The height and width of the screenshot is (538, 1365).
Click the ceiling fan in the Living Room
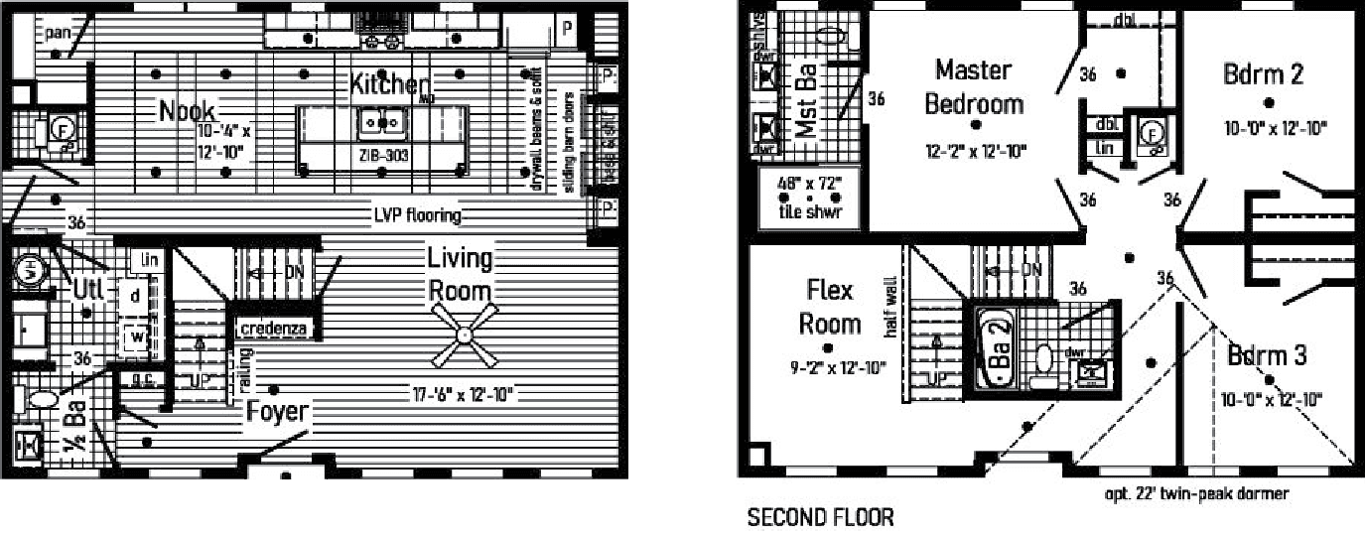(463, 336)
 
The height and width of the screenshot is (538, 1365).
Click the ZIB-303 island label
(383, 156)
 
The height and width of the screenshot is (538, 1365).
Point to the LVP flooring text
(417, 214)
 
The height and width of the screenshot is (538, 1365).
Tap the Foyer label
(279, 411)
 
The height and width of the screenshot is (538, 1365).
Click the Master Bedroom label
(974, 86)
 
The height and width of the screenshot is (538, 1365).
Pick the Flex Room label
(830, 307)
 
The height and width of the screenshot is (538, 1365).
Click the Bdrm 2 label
(1263, 74)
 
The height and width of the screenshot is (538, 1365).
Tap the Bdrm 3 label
(1266, 354)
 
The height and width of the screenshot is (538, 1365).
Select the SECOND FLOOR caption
(819, 517)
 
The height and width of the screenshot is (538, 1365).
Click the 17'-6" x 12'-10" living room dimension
(463, 394)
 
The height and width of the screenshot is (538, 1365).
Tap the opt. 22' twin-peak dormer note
(1195, 493)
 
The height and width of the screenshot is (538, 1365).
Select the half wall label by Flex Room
(889, 307)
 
